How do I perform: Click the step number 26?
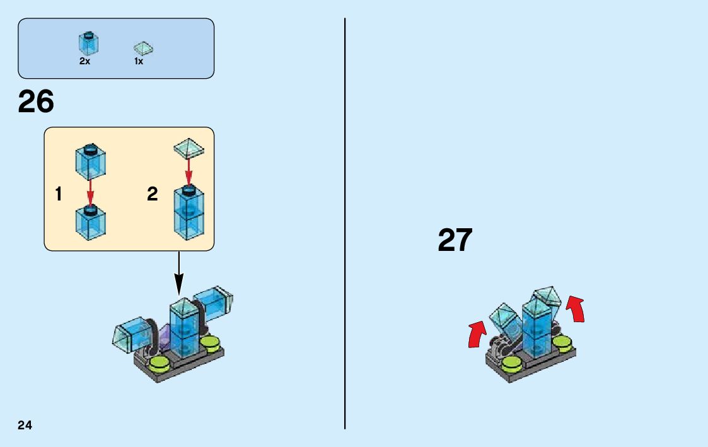click(36, 102)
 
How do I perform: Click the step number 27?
click(455, 240)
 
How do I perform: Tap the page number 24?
click(25, 424)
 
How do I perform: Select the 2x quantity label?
click(84, 62)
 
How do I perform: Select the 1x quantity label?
click(139, 62)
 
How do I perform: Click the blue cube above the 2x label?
click(88, 43)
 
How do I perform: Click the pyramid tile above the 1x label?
click(144, 48)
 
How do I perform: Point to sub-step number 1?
click(59, 194)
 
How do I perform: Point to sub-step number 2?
click(152, 194)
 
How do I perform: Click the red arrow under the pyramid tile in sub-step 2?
click(188, 168)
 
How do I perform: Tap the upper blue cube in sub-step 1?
click(90, 161)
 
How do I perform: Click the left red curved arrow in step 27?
click(477, 334)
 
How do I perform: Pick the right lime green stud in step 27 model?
click(563, 342)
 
